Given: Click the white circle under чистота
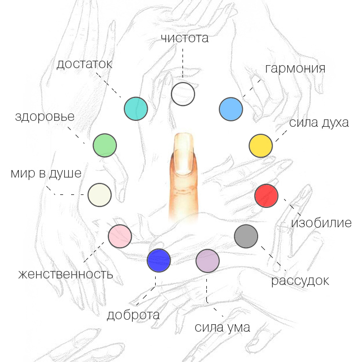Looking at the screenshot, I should pyautogui.click(x=183, y=94).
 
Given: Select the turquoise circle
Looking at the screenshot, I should pyautogui.click(x=136, y=108).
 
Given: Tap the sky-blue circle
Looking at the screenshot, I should pyautogui.click(x=231, y=109).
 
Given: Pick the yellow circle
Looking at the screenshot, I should pyautogui.click(x=261, y=146).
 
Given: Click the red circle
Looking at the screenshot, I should pyautogui.click(x=266, y=195).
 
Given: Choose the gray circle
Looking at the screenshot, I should pyautogui.click(x=246, y=236).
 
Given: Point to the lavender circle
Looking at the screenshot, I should pyautogui.click(x=208, y=261).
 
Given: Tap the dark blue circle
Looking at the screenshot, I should pyautogui.click(x=159, y=260).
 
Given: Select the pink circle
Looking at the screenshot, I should pyautogui.click(x=120, y=236).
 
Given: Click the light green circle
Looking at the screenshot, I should pyautogui.click(x=104, y=146).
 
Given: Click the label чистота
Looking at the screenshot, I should pyautogui.click(x=184, y=38).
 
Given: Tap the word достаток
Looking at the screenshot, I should pyautogui.click(x=84, y=64).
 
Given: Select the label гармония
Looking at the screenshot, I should pyautogui.click(x=295, y=68).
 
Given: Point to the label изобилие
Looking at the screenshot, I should pyautogui.click(x=321, y=222).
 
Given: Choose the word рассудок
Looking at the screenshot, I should pyautogui.click(x=300, y=280).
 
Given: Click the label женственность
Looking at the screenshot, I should pyautogui.click(x=66, y=274).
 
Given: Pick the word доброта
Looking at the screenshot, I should pyautogui.click(x=133, y=315).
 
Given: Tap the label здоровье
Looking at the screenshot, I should pyautogui.click(x=45, y=117).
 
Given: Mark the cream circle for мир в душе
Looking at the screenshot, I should pyautogui.click(x=99, y=194).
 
